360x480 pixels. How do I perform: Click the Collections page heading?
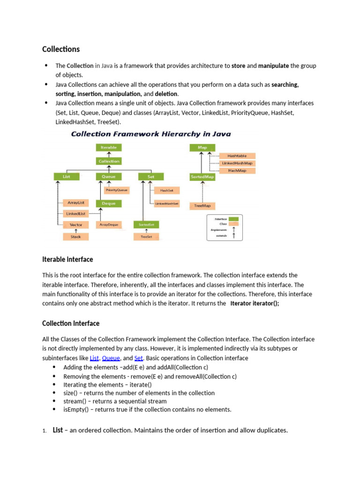click(61, 49)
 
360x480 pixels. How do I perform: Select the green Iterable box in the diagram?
click(109, 147)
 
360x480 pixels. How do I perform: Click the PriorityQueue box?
click(117, 190)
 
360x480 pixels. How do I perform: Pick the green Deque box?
click(109, 203)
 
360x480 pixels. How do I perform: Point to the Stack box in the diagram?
click(75, 237)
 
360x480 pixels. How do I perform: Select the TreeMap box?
click(202, 206)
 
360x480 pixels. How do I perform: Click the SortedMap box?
click(202, 177)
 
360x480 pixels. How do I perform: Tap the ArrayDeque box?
click(109, 225)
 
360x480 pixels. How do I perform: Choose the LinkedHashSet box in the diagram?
click(167, 204)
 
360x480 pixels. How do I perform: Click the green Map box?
click(202, 147)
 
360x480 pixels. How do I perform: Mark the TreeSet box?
click(146, 237)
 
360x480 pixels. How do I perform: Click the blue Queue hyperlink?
click(111, 358)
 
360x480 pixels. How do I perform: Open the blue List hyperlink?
click(94, 358)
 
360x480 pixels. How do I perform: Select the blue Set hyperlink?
click(138, 358)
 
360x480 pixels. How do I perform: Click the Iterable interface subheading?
click(67, 259)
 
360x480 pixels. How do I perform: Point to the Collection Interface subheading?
click(71, 323)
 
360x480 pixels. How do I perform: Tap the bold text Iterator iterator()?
click(251, 304)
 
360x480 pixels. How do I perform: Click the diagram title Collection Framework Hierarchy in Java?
click(150, 134)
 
